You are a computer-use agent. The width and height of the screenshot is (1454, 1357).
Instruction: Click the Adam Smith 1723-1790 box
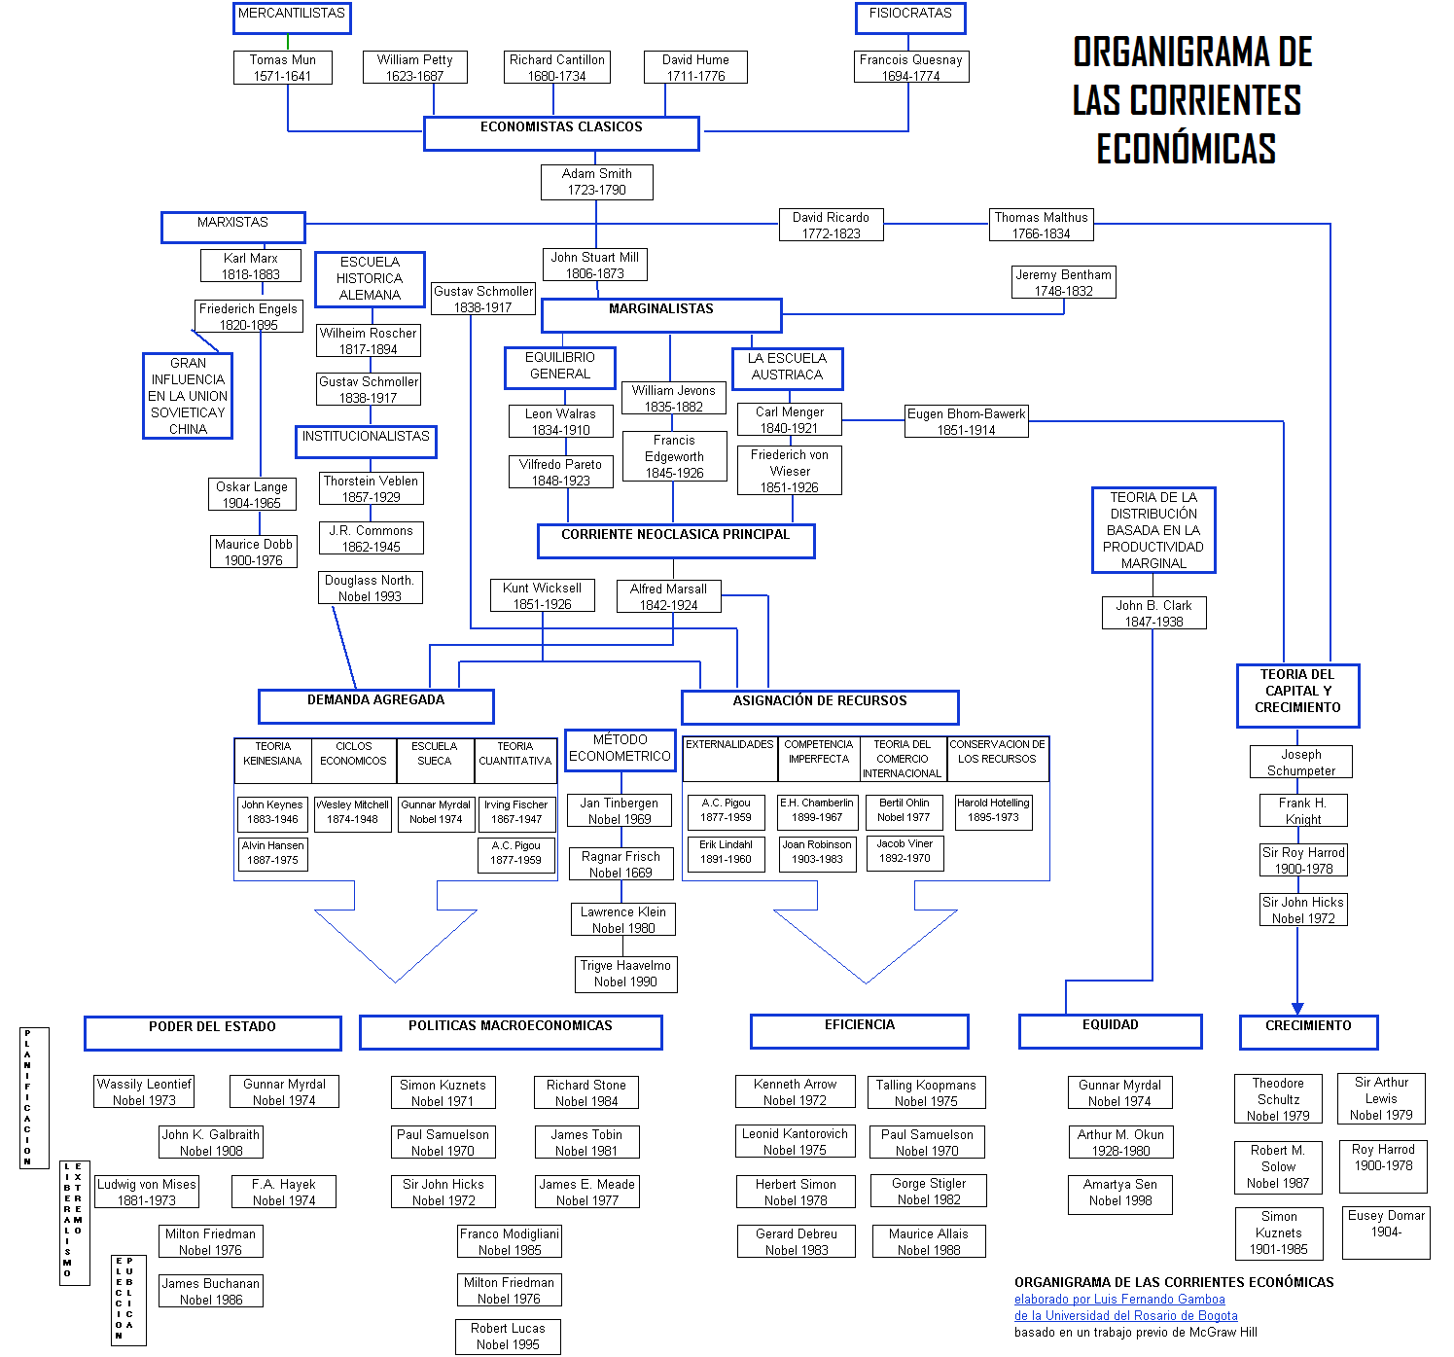point(596,182)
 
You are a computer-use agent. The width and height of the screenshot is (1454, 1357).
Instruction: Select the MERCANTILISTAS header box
point(292,18)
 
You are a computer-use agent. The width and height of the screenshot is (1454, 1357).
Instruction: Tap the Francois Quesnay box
point(910,67)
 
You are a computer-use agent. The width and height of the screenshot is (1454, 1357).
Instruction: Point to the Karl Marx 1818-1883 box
point(250,266)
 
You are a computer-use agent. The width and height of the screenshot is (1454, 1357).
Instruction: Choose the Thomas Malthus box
point(1041,225)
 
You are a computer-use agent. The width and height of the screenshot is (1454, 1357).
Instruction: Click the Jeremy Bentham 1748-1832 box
point(1063,282)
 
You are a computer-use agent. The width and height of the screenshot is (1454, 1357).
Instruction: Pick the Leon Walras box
point(560,421)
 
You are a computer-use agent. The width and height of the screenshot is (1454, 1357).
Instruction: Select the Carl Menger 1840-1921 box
point(789,419)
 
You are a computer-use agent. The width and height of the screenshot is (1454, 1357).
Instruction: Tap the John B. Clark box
point(1153,613)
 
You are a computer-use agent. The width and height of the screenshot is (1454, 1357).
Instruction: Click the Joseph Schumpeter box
point(1300,762)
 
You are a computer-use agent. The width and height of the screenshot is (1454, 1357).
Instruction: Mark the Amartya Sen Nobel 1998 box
point(1119,1193)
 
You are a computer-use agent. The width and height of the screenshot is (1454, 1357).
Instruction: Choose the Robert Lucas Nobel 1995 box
point(508,1337)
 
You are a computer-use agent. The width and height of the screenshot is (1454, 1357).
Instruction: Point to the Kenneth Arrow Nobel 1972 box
point(795,1092)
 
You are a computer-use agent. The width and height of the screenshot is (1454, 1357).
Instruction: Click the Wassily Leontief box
point(144,1091)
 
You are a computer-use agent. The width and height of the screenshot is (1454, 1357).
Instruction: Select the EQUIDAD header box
point(1110,1030)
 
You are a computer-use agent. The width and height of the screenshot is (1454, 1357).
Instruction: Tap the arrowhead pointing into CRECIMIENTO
point(1296,1009)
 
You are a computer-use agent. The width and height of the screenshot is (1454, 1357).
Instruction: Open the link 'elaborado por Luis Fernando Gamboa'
point(1119,1300)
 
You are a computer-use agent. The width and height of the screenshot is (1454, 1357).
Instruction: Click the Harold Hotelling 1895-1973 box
point(993,810)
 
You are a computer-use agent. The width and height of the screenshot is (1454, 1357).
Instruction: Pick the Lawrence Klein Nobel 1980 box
point(622,919)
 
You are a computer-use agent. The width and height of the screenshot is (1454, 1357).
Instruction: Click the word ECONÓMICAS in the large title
point(1186,149)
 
